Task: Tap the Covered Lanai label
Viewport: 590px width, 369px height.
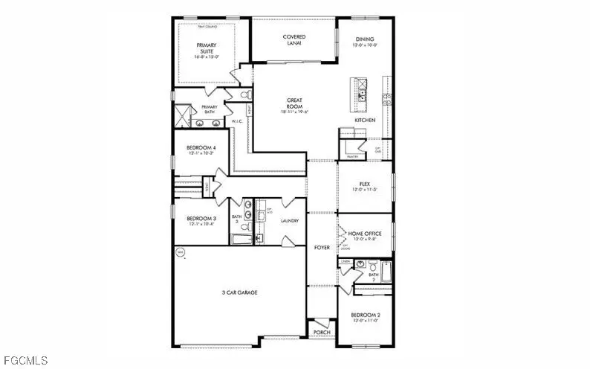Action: coord(294,41)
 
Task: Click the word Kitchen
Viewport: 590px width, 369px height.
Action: coord(365,120)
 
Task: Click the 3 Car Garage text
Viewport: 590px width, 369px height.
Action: coord(239,292)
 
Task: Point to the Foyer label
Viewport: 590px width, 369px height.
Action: coord(322,246)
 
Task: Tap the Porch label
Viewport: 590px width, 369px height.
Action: coord(321,333)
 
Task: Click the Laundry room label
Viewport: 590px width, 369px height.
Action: coord(290,221)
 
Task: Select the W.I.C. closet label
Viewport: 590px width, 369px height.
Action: coord(237,121)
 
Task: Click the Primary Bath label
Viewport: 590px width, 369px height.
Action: coord(209,109)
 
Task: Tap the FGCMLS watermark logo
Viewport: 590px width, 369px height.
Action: coord(25,361)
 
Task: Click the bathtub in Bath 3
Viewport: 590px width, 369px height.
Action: coord(242,240)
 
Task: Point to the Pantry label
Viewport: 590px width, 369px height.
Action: coord(353,157)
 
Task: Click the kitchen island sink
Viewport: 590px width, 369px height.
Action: coord(362,94)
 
